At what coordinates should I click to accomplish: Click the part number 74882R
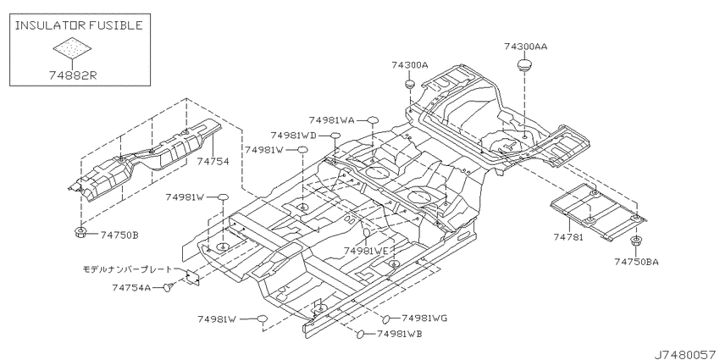(x=73, y=75)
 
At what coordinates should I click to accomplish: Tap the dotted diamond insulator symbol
(x=72, y=47)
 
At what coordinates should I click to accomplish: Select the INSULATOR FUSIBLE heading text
(x=79, y=25)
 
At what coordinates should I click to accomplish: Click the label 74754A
(x=131, y=288)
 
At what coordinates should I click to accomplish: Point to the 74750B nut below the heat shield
(x=81, y=233)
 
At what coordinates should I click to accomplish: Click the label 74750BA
(x=636, y=262)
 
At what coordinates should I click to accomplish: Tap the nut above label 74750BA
(x=636, y=241)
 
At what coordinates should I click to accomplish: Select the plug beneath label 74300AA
(x=524, y=64)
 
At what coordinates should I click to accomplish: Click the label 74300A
(x=410, y=65)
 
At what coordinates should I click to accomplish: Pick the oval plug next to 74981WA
(x=373, y=121)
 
